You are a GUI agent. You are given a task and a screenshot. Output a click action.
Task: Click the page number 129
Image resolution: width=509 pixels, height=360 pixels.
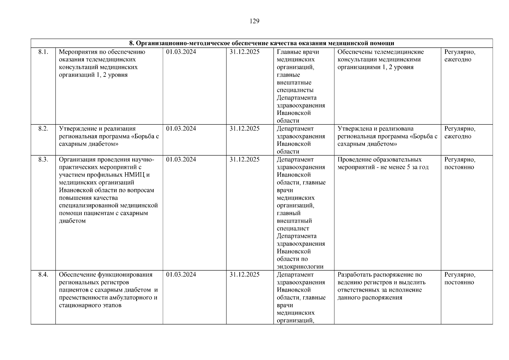(x=254, y=21)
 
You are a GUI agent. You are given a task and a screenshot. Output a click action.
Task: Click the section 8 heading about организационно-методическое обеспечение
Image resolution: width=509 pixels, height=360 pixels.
(x=262, y=43)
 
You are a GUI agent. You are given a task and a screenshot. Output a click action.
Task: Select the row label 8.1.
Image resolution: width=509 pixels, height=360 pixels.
(x=43, y=52)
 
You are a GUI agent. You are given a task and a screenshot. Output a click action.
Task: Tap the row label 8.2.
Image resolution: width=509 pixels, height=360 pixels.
(x=43, y=129)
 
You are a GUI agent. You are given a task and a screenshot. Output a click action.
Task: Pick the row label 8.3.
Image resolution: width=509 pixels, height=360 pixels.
(x=43, y=160)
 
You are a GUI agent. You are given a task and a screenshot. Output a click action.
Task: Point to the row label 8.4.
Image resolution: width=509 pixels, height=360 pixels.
(x=43, y=275)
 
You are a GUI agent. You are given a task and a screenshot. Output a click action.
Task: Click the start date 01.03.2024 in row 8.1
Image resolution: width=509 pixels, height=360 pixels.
(x=181, y=52)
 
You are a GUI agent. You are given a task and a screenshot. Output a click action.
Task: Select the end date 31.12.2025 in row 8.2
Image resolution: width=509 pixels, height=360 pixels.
(x=244, y=129)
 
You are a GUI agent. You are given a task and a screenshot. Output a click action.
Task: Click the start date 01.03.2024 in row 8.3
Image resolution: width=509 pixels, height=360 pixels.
(x=181, y=160)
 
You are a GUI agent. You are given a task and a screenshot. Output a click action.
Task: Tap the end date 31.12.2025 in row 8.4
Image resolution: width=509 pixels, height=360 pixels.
(x=244, y=275)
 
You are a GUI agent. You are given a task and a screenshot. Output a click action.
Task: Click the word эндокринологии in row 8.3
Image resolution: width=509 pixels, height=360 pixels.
(x=300, y=267)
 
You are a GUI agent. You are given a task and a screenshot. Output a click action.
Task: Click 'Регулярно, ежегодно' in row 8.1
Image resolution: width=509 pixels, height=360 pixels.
(x=460, y=56)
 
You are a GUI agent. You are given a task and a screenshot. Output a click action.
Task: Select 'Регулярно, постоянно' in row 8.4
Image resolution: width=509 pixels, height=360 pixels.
(x=460, y=278)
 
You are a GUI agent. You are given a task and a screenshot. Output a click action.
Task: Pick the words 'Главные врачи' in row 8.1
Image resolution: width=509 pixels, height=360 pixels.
(x=298, y=52)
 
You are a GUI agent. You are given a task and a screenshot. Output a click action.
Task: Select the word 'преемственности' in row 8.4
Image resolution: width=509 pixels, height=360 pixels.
(x=81, y=298)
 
